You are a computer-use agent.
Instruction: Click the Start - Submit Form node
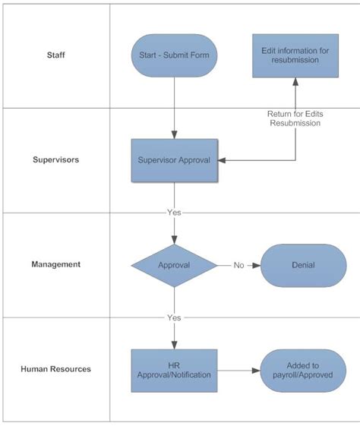click(174, 55)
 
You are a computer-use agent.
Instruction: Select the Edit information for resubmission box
click(295, 55)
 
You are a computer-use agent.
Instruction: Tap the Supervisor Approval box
click(174, 160)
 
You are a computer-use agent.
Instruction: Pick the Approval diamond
click(174, 266)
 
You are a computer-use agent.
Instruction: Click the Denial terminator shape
click(303, 266)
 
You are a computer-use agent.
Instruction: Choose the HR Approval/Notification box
click(174, 371)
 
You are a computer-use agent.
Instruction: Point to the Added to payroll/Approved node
click(303, 371)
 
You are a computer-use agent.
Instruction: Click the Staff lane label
click(55, 55)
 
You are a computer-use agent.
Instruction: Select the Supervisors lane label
click(55, 160)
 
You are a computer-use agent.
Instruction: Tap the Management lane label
click(55, 265)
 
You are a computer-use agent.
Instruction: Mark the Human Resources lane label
click(55, 370)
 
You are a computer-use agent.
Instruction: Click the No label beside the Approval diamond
click(238, 266)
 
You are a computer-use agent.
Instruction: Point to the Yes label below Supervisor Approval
click(174, 212)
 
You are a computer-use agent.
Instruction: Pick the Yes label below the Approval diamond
click(174, 317)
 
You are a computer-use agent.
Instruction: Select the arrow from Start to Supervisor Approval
click(174, 106)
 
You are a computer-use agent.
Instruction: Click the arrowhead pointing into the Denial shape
click(257, 266)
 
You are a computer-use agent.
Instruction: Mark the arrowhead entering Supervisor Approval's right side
click(222, 160)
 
